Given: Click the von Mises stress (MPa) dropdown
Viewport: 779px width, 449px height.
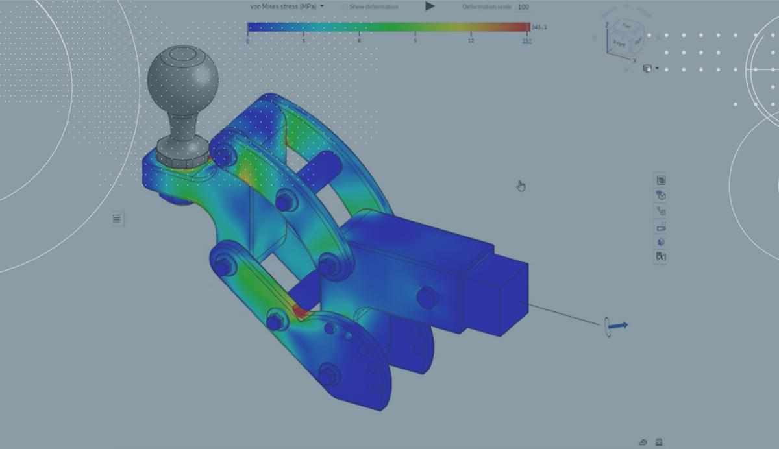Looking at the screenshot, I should pos(286,6).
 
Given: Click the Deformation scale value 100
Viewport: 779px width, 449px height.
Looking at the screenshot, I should pos(523,7).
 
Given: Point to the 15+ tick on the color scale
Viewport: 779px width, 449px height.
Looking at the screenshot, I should pos(526,41).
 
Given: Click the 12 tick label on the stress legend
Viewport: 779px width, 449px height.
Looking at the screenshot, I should pos(471,41).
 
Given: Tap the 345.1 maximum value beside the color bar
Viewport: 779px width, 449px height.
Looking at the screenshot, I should pos(539,27).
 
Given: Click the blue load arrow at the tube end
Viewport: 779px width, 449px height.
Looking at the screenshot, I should pos(618,325).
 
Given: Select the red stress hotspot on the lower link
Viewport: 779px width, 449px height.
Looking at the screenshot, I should pos(300,312).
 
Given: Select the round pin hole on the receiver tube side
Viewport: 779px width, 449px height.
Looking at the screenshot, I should pos(427,298).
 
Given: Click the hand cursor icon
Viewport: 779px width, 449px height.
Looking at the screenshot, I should pos(521,187).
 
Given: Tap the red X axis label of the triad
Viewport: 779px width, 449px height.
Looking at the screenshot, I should pos(634,60).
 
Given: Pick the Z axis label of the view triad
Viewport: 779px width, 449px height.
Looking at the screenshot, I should pos(606,25).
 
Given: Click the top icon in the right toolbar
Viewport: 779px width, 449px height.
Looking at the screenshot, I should pos(661,180).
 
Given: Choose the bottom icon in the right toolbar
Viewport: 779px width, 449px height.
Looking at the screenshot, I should pos(661,257).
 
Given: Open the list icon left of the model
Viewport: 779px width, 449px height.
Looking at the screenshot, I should pos(117,219).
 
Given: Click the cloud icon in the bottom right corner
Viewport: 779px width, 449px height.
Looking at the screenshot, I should pos(643,443).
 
